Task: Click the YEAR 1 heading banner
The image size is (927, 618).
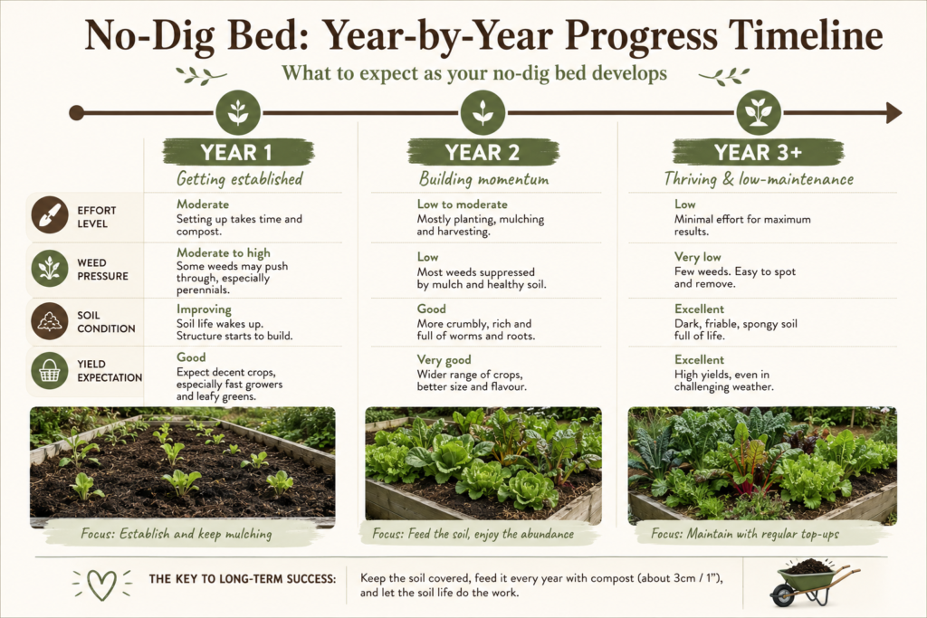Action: coord(238,152)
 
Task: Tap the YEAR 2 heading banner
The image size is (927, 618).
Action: coord(483,152)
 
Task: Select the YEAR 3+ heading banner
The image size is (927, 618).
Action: coord(758,152)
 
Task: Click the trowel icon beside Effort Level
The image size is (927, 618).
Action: coord(50,214)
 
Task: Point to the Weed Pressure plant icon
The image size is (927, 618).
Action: coord(50,268)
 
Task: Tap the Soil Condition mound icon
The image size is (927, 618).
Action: coord(50,321)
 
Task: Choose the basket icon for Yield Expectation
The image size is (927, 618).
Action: coord(50,370)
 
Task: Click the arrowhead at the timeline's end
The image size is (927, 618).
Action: coord(894,113)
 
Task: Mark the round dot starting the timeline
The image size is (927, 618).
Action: coord(76,113)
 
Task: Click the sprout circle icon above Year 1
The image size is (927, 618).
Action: coord(238,112)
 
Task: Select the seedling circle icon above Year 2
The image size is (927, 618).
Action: coord(483,112)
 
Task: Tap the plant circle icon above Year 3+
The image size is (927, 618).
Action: coord(759,112)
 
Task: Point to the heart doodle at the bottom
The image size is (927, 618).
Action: coord(101,585)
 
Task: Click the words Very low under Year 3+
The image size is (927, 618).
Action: coord(698,257)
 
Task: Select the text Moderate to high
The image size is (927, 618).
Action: coord(224,252)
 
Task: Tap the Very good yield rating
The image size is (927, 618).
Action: coord(444,360)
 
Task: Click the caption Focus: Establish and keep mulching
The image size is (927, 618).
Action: coord(177,534)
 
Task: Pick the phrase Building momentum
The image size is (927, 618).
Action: coord(483,179)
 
